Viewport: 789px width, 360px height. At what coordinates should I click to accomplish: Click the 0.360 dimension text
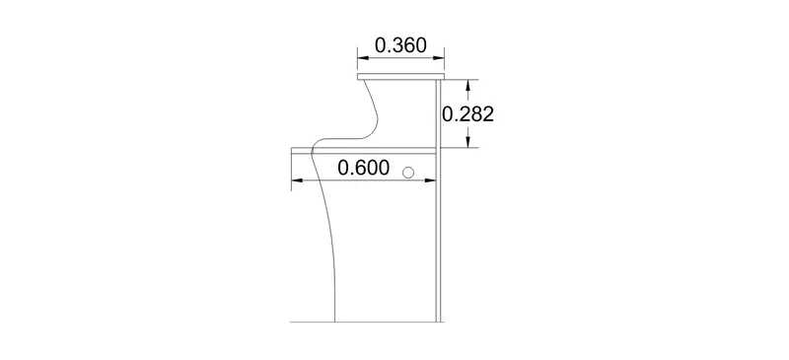click(x=400, y=45)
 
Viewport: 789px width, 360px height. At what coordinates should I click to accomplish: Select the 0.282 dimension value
click(x=467, y=114)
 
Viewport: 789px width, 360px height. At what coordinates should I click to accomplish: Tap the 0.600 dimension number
click(x=363, y=168)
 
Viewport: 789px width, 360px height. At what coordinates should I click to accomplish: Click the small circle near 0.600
click(x=408, y=174)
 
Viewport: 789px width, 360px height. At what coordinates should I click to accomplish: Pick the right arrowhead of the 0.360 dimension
click(x=438, y=58)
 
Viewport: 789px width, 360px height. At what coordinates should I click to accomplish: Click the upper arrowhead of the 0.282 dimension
click(x=468, y=87)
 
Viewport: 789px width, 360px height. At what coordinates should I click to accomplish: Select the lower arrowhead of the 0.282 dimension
click(x=468, y=141)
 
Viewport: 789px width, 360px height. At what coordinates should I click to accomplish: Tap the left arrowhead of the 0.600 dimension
click(x=298, y=180)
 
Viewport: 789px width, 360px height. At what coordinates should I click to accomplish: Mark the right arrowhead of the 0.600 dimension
click(x=429, y=180)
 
